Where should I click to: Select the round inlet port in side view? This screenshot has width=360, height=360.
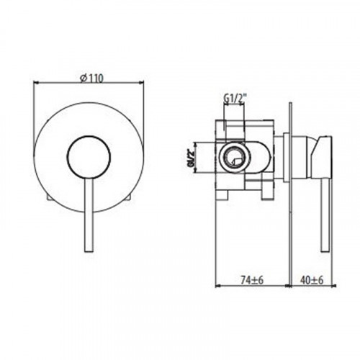233,156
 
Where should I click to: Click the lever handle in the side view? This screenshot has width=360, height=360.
324,216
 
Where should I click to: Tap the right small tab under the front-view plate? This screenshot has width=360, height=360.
130,197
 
